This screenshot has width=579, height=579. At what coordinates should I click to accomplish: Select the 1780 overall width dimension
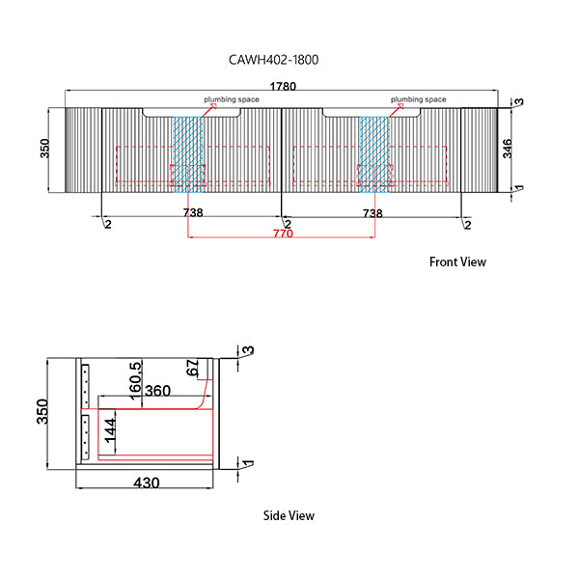(282, 86)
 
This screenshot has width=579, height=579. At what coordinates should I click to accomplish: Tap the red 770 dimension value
(282, 234)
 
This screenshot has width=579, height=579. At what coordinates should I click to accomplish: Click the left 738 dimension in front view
(192, 212)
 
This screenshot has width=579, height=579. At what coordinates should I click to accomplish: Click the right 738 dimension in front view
(372, 212)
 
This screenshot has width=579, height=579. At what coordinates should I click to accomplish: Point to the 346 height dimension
(508, 148)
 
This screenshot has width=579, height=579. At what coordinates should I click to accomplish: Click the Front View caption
(457, 262)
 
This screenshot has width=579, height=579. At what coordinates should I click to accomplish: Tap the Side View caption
(289, 515)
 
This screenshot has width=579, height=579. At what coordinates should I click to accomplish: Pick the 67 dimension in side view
(192, 369)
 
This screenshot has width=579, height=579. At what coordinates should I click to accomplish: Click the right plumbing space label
(418, 99)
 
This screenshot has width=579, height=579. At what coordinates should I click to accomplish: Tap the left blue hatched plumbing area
(189, 150)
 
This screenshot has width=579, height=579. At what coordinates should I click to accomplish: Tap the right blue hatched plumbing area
(374, 150)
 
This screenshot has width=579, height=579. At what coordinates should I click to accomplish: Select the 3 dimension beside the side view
(248, 351)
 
